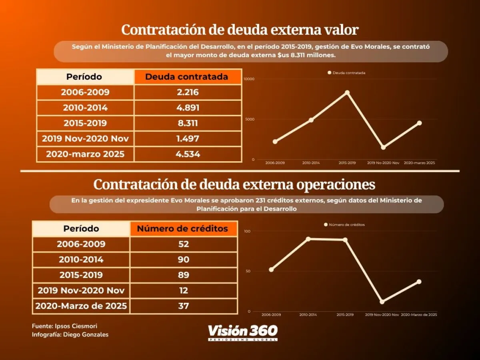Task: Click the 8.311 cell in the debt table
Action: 188,123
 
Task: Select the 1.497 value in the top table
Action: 188,139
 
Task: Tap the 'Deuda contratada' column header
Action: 187,77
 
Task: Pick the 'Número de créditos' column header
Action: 182,229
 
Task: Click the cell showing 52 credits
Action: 184,244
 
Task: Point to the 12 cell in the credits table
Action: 184,290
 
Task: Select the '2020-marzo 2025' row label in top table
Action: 85,154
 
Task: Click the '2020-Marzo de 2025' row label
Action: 81,306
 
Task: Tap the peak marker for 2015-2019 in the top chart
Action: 347,92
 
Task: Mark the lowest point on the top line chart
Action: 383,147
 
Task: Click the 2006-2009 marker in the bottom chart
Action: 271,270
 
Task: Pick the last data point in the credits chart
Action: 419,282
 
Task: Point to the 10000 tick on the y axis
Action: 249,79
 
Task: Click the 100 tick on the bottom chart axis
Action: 247,231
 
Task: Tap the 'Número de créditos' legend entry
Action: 344,225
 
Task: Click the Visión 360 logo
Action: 242,332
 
